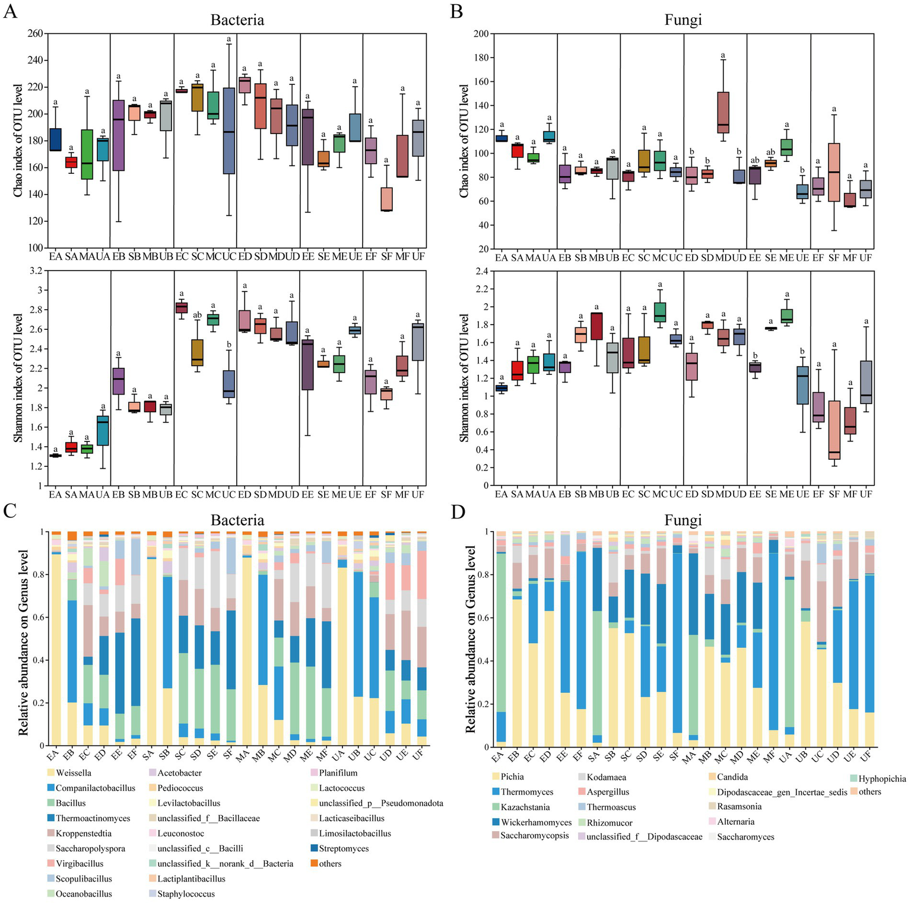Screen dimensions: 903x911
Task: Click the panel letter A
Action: pyautogui.click(x=9, y=11)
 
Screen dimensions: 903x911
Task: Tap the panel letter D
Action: pyautogui.click(x=458, y=512)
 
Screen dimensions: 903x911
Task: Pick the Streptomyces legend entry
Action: pyautogui.click(x=344, y=848)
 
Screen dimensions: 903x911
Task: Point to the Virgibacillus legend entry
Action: pyautogui.click(x=80, y=864)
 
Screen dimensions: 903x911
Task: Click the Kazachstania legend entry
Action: pyautogui.click(x=525, y=807)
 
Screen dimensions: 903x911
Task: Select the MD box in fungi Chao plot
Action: pyautogui.click(x=723, y=113)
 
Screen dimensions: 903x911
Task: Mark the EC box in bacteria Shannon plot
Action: pyautogui.click(x=182, y=307)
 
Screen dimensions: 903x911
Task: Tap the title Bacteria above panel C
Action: pyautogui.click(x=237, y=520)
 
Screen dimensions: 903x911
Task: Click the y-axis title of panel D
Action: pyautogui.click(x=470, y=638)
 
